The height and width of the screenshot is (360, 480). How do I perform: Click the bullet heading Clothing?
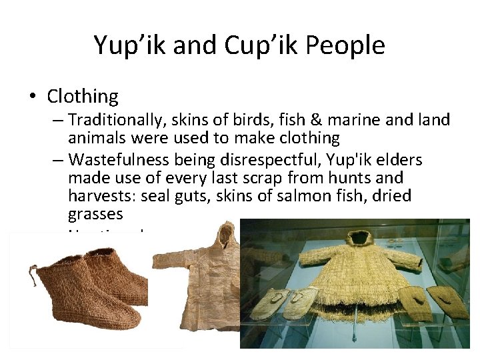coord(83,97)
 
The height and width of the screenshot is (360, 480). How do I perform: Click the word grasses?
coord(95,214)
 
